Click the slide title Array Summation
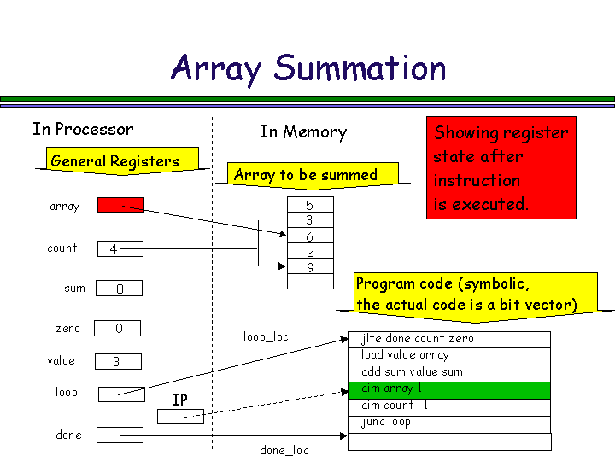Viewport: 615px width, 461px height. (x=308, y=68)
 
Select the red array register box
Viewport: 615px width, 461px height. (x=120, y=205)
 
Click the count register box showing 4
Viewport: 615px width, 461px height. (x=120, y=249)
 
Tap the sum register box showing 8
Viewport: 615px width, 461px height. (x=119, y=289)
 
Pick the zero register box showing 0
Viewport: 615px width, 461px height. (x=117, y=329)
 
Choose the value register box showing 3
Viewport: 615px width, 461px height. (x=117, y=362)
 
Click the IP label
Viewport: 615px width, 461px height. (x=179, y=400)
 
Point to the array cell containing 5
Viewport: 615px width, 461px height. (x=309, y=205)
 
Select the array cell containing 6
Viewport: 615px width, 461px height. (x=309, y=236)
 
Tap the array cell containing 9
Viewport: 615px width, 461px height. (x=309, y=267)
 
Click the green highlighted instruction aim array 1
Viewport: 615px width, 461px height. (x=449, y=389)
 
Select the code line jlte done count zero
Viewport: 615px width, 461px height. (x=449, y=339)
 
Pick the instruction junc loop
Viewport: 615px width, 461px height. (x=449, y=423)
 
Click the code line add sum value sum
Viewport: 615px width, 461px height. (x=449, y=372)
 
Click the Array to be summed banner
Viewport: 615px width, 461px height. (x=306, y=175)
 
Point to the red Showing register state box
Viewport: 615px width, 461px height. (x=501, y=168)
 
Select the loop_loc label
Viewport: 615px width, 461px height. (x=266, y=336)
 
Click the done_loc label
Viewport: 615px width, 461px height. (x=284, y=450)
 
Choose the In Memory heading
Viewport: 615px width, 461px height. (x=303, y=132)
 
